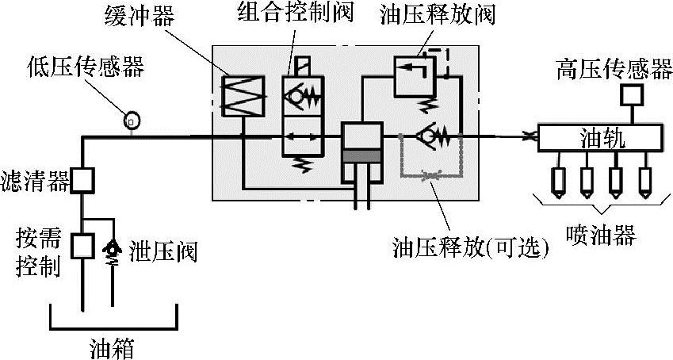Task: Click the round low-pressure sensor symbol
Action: click(x=132, y=121)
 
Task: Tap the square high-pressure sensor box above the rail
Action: click(x=630, y=96)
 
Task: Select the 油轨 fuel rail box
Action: click(x=601, y=139)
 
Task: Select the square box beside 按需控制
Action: click(x=82, y=246)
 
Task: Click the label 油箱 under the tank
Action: click(x=112, y=347)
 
